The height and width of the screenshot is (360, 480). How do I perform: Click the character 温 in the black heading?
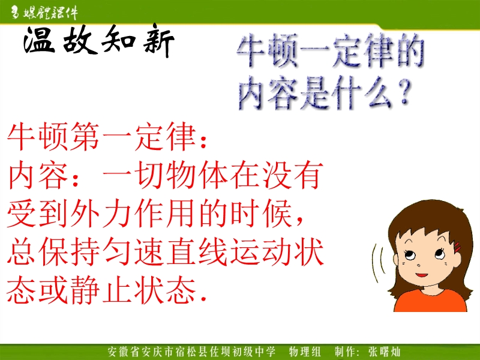[x=40, y=40]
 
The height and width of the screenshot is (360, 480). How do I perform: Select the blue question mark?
[x=404, y=91]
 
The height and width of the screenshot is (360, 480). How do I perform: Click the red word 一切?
[x=134, y=175]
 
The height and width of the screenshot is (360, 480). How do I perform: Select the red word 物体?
[x=197, y=175]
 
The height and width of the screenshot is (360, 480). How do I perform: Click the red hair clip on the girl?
[x=458, y=247]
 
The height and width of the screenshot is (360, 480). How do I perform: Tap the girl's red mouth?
[x=422, y=275]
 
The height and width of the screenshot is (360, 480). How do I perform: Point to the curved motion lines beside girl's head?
[x=378, y=264]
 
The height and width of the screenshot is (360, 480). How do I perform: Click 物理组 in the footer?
[x=305, y=352]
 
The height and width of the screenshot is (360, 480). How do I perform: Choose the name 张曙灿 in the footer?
[x=384, y=352]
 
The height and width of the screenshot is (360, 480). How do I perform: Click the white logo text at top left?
[x=44, y=13]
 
